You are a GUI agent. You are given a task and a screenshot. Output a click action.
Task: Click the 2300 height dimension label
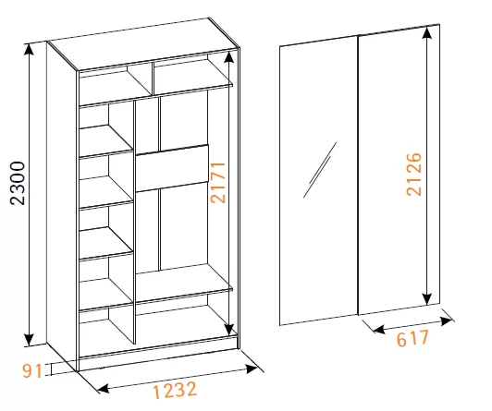[17, 183]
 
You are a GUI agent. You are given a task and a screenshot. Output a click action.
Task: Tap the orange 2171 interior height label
[218, 183]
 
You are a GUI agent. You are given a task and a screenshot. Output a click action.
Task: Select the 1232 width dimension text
[175, 390]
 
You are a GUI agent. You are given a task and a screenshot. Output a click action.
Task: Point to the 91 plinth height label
[31, 371]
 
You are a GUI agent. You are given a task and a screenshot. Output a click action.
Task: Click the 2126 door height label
[414, 175]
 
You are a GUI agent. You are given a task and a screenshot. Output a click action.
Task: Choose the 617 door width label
[412, 338]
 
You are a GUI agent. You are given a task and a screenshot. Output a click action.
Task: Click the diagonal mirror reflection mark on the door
[320, 170]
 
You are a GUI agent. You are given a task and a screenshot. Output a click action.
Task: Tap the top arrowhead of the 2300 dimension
[29, 49]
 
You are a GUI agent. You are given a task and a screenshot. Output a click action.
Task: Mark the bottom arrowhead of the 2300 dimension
[29, 340]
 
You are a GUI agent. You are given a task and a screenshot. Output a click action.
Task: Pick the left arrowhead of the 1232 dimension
[104, 389]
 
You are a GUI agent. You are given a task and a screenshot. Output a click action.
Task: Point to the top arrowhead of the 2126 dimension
[426, 33]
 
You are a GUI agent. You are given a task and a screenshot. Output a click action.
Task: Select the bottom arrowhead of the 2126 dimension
[426, 299]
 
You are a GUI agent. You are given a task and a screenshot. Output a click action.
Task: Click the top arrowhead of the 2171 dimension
[229, 57]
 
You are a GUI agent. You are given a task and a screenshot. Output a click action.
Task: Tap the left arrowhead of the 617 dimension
[379, 329]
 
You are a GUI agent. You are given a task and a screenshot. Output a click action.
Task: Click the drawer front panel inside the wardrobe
[172, 168]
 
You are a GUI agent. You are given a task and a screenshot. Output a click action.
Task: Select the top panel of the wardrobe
[143, 43]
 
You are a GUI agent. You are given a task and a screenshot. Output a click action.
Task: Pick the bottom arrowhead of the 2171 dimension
[229, 330]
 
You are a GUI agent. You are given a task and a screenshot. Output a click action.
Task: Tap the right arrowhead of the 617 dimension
[446, 320]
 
